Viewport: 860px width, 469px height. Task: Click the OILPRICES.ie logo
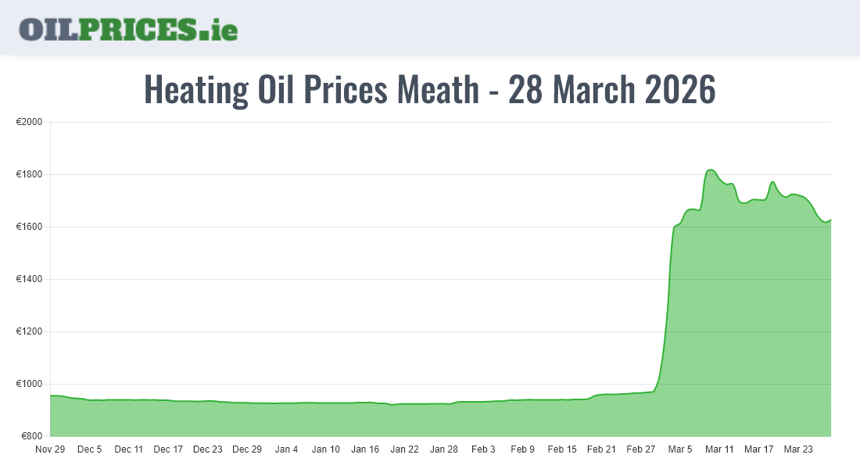[128, 28]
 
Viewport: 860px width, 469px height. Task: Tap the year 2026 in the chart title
[679, 90]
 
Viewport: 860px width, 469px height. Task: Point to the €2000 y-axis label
[30, 123]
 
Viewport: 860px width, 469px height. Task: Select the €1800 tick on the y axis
[30, 175]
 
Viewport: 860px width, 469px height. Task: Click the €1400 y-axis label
[30, 280]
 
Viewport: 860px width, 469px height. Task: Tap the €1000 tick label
[30, 384]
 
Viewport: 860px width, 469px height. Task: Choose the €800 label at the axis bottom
[32, 436]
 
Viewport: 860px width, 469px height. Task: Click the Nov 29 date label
[50, 449]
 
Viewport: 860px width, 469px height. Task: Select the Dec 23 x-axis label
[207, 449]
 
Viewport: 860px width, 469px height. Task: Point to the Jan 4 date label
[286, 449]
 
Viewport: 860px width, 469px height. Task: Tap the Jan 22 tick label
[404, 449]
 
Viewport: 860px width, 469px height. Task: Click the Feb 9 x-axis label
[522, 449]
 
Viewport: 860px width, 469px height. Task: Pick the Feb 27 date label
[640, 449]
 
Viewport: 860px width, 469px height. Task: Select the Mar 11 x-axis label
[719, 449]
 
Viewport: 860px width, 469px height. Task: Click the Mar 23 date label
[798, 449]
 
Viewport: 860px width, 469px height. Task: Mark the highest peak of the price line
[710, 170]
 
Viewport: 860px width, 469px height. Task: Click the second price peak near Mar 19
[772, 182]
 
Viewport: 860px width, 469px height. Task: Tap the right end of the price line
[830, 220]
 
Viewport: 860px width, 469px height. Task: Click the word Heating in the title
[196, 90]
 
